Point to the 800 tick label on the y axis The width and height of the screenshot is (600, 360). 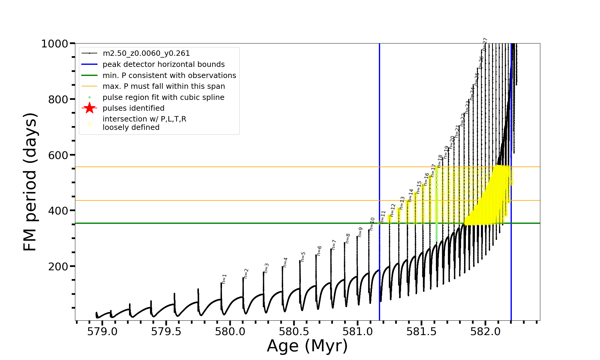tap(58, 99)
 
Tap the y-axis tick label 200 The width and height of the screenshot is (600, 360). tap(58, 266)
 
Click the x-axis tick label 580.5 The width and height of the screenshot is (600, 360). tap(294, 332)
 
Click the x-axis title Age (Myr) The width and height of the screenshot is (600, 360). tap(307, 346)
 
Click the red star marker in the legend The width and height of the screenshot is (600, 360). tap(89, 108)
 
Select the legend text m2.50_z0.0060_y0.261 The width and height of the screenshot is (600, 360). tap(146, 53)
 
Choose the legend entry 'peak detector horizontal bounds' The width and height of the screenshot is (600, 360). tap(163, 64)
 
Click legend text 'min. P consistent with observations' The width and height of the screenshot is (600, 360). tap(169, 75)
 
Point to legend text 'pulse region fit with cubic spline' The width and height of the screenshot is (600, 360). tap(163, 97)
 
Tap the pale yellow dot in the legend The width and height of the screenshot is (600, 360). tap(89, 124)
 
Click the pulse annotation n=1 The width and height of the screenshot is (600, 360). tap(224, 279)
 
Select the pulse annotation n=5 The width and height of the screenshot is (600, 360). tap(303, 257)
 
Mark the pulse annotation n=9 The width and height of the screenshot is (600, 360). tap(360, 232)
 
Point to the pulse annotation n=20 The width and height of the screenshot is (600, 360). tap(452, 142)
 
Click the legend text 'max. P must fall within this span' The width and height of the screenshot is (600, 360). tap(163, 86)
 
